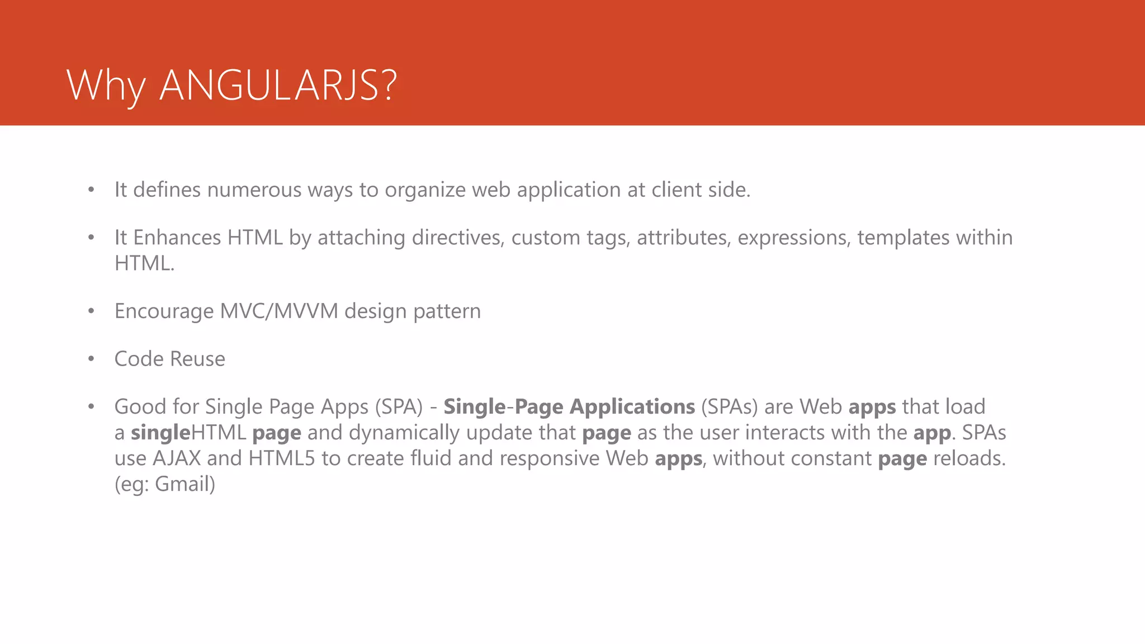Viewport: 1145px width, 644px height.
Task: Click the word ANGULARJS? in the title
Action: (278, 86)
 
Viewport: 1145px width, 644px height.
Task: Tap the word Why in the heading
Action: (106, 87)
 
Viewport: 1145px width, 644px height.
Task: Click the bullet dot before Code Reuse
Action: (91, 359)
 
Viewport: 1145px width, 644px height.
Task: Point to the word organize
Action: (425, 190)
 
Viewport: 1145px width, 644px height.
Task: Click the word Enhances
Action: (177, 238)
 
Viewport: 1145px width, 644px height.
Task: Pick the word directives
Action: (458, 238)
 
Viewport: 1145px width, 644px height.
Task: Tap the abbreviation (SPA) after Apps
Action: (399, 406)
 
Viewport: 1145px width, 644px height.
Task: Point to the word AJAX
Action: (177, 458)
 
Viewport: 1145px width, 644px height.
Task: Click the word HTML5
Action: (282, 458)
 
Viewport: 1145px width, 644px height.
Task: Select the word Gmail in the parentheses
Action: (184, 484)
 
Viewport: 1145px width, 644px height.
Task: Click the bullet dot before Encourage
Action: (91, 311)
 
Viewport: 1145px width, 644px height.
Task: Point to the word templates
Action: (903, 238)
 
